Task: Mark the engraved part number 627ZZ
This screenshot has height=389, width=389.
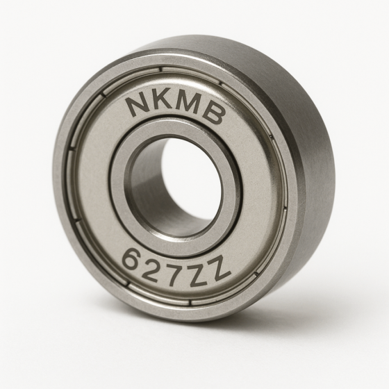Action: [x=175, y=265]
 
